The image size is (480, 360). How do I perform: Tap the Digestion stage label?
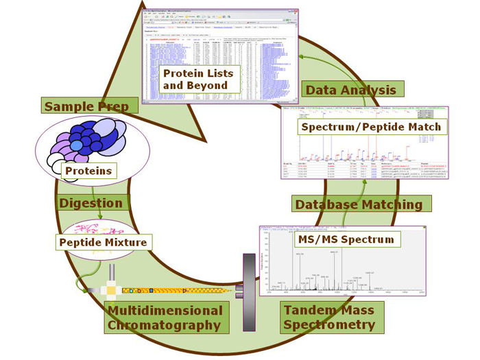(x=91, y=203)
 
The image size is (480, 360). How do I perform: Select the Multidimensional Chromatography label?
(x=165, y=317)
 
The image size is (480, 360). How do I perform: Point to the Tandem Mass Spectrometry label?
(x=329, y=317)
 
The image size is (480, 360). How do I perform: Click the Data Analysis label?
(x=351, y=90)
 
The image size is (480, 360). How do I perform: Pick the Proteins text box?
(x=88, y=170)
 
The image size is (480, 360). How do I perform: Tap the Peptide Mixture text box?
(x=103, y=242)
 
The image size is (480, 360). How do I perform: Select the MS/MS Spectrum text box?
(x=347, y=239)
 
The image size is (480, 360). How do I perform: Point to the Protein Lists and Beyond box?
(x=198, y=80)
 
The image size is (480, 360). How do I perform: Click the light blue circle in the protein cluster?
(x=76, y=145)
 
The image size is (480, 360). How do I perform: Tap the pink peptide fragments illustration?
(x=101, y=227)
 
